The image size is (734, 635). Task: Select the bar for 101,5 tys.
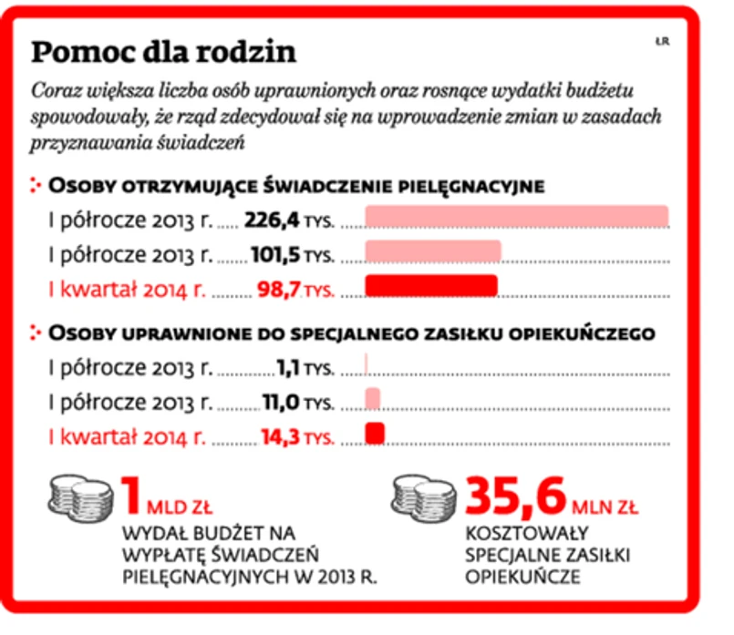coord(433,251)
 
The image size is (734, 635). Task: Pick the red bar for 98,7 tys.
coord(431,286)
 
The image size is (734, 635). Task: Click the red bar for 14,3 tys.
coord(375,432)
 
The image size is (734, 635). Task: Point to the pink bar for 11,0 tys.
coord(373,398)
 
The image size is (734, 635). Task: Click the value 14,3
coord(278,435)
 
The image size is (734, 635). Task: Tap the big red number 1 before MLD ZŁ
coord(133,497)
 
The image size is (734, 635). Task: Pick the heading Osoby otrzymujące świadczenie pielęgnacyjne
coord(296,186)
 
